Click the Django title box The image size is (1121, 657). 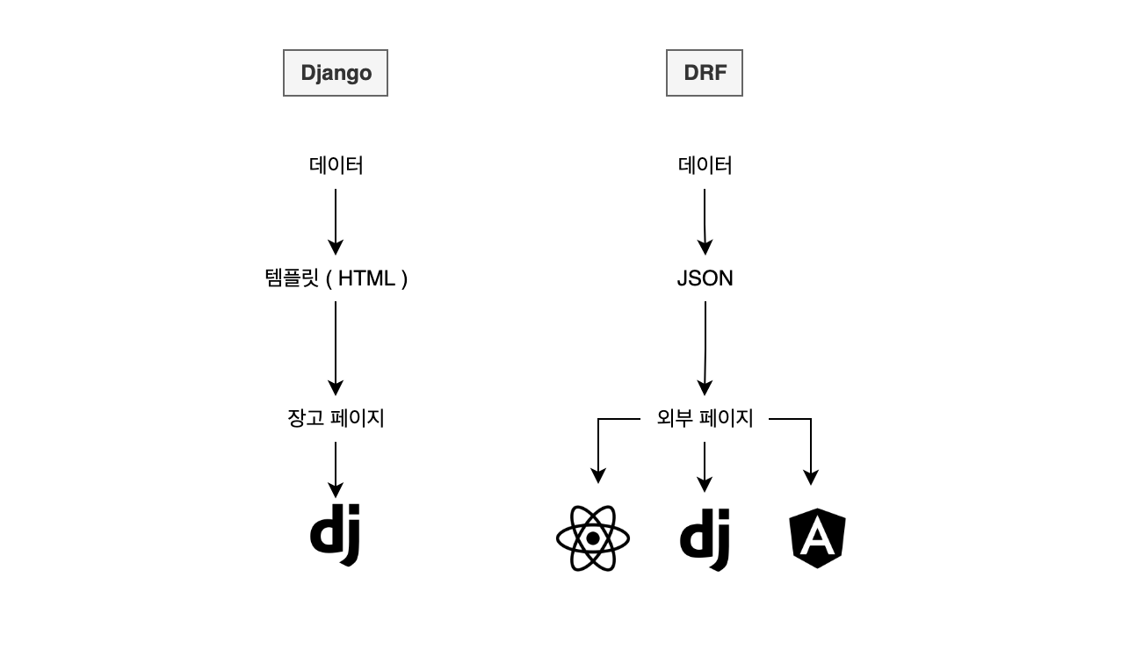point(335,73)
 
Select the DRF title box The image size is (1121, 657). point(704,73)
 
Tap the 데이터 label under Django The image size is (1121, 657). point(336,165)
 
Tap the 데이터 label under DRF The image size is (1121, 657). point(705,165)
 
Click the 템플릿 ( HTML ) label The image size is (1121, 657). point(336,278)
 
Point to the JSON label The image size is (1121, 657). point(705,278)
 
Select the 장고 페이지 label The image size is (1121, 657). point(336,418)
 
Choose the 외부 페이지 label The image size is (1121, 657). point(705,418)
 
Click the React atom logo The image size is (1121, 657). point(593,538)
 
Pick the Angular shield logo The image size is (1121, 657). point(817,538)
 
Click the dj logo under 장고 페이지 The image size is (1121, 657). point(336,534)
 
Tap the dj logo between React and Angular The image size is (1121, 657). point(705,538)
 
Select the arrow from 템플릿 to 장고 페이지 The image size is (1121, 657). point(336,347)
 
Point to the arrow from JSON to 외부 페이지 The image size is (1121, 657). point(705,347)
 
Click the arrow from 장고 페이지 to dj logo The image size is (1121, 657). point(336,469)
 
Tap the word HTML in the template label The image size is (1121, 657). point(366,278)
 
